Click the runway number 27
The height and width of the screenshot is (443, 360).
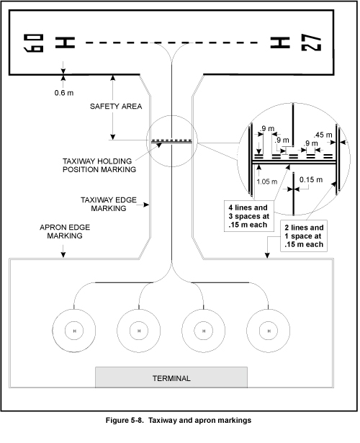311,42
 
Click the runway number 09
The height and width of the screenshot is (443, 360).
34,43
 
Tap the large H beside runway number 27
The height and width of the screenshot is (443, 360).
280,42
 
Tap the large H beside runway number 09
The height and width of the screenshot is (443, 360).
65,42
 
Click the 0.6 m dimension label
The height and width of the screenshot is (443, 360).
64,93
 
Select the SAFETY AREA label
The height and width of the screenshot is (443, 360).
116,106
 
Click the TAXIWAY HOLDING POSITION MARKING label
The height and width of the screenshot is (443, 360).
99,165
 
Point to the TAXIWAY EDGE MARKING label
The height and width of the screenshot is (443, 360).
109,204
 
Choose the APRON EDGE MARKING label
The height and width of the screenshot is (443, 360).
65,231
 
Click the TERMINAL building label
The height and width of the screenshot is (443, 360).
171,378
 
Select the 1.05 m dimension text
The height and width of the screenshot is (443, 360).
267,182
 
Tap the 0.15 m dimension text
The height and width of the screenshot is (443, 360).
311,179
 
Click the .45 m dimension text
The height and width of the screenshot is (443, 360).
323,135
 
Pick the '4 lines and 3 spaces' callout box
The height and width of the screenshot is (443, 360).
248,216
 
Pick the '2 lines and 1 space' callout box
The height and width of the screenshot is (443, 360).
304,236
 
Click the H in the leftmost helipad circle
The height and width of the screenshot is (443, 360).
75,331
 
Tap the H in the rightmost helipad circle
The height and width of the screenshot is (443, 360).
269,331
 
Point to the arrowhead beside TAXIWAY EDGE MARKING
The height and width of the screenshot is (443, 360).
146,205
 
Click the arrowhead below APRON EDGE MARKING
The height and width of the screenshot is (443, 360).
63,255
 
